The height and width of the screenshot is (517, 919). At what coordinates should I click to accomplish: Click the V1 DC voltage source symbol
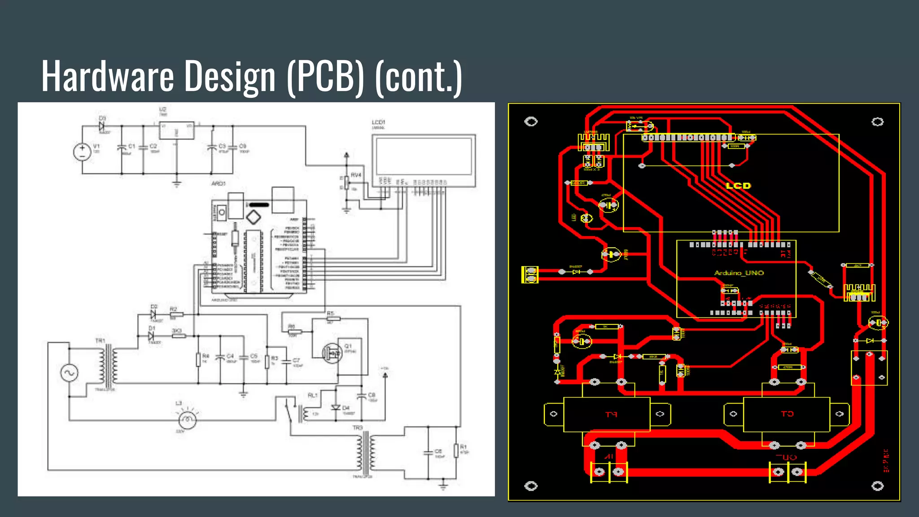[82, 152]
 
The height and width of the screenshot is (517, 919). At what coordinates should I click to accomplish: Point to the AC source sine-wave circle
[70, 372]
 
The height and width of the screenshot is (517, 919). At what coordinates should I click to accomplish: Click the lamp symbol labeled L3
[188, 420]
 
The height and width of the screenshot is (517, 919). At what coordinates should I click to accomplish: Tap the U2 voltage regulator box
[177, 130]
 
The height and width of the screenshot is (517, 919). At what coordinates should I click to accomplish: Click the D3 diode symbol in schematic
[102, 126]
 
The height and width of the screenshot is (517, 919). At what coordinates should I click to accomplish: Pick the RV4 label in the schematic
[356, 175]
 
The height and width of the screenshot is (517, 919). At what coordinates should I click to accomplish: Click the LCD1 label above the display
[378, 122]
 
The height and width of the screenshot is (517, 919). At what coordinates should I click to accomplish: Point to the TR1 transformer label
[100, 341]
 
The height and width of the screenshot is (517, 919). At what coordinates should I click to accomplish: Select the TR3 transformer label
[357, 428]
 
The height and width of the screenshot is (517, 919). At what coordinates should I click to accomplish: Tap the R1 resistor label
[463, 447]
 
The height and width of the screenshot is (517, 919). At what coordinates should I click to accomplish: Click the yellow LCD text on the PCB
[738, 185]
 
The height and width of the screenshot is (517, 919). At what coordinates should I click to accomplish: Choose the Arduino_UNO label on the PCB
[739, 273]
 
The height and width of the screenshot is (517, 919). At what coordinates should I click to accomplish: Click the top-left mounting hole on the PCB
[531, 122]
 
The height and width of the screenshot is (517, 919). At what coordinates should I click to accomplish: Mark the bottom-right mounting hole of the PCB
[878, 486]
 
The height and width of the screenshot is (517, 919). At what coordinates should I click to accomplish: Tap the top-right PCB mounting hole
[878, 122]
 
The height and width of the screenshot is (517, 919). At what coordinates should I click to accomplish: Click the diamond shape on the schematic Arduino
[254, 218]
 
